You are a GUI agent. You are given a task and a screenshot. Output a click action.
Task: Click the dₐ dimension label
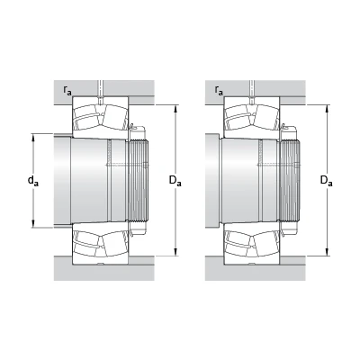coord(33,181)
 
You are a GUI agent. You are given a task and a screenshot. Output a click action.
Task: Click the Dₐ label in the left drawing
coord(175,181)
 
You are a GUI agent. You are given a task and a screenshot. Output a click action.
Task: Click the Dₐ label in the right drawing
coord(327,181)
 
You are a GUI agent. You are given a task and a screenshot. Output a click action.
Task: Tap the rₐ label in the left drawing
coord(67,90)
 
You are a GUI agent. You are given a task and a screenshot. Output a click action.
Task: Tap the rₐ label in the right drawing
coord(219,90)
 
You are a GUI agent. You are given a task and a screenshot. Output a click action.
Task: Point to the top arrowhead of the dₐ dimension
coord(33,138)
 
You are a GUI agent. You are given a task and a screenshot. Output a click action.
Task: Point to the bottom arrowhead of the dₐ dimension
coord(33,223)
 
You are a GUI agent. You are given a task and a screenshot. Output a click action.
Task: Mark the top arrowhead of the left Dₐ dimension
coord(176,109)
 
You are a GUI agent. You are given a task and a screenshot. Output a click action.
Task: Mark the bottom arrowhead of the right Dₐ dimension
coord(328,251)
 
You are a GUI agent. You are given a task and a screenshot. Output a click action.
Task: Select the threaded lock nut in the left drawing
coord(139,181)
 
